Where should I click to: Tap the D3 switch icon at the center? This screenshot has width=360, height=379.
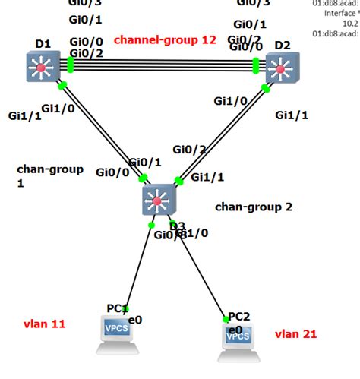158,201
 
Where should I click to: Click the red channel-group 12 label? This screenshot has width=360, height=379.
165,40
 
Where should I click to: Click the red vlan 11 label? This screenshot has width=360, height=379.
45,324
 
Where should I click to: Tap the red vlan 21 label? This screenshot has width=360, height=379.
295,333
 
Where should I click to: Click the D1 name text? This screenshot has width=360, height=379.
43,45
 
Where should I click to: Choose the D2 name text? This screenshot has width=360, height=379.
282,46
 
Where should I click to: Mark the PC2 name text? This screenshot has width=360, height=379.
239,316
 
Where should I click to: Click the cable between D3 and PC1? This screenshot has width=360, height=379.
140,266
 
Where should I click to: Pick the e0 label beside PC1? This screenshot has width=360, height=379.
135,321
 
